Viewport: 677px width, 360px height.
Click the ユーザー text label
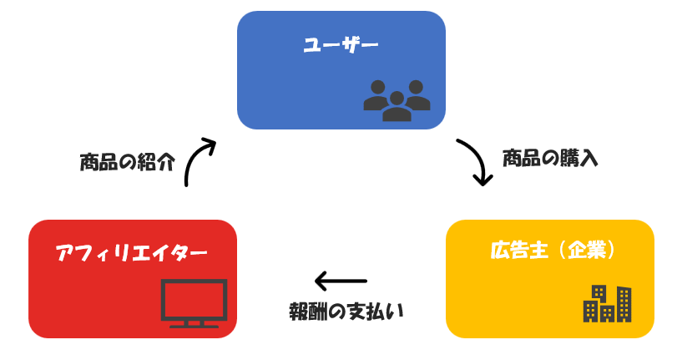[x=341, y=45]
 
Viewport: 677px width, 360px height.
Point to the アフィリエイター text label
[x=131, y=251]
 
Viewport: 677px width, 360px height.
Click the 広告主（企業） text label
[x=553, y=249]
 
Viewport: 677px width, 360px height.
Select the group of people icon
[x=397, y=100]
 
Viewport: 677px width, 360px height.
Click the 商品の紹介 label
[x=127, y=161]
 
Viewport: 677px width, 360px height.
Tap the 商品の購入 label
[x=550, y=158]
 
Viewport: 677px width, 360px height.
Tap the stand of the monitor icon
[x=194, y=322]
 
